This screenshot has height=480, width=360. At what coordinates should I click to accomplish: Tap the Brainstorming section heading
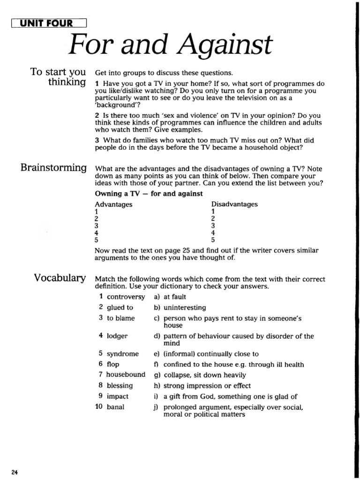53,168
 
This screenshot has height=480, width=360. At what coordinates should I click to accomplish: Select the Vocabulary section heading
60,278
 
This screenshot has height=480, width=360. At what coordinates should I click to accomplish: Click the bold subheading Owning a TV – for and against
149,193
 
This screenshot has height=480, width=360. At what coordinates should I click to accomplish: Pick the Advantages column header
113,204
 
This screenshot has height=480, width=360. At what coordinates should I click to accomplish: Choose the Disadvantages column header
234,204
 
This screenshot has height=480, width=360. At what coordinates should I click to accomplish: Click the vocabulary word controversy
126,297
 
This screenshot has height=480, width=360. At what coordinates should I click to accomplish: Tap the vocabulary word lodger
117,336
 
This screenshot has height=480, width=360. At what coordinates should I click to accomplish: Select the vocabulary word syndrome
122,354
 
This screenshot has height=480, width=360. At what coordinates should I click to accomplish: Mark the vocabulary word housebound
126,375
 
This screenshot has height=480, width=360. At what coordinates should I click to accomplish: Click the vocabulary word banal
115,407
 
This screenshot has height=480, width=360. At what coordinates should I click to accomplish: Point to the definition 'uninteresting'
185,307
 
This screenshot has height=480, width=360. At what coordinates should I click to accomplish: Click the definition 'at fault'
175,297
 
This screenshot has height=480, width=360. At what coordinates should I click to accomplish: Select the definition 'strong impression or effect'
207,386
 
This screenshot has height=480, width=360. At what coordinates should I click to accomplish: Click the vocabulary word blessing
120,386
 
